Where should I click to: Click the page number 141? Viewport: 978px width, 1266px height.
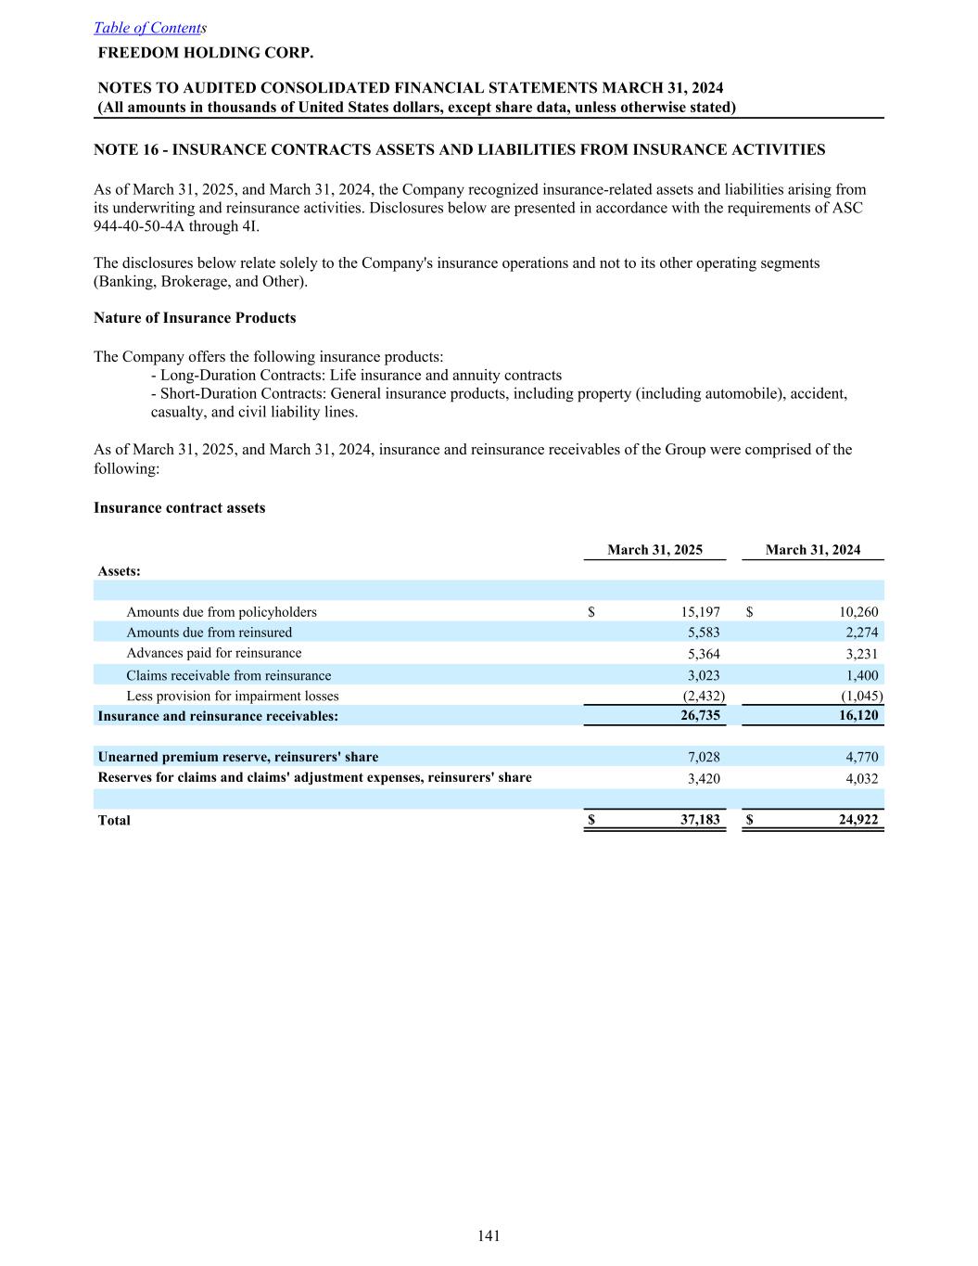coord(489,1235)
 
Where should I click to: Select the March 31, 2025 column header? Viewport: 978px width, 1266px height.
coord(654,550)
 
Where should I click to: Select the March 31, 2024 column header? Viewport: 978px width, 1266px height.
coord(812,550)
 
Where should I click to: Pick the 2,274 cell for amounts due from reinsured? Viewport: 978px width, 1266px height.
coord(861,633)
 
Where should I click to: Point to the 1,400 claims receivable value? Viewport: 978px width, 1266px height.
coord(861,675)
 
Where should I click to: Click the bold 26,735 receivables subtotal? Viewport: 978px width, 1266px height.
coord(700,716)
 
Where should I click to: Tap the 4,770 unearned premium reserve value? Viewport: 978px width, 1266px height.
coord(861,757)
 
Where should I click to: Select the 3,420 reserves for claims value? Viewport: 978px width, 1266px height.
coord(703,779)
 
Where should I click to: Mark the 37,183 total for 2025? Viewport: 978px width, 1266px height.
coord(700,820)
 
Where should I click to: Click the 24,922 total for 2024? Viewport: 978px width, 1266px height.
coord(858,820)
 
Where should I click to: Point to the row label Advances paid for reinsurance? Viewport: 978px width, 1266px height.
coord(213,653)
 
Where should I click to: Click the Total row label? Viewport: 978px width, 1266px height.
coord(114,820)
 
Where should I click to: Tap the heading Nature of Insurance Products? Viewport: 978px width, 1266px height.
coord(195,318)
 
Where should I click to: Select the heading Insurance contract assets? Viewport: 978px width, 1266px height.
coord(179,508)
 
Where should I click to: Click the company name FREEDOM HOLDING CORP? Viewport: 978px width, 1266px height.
coord(206,52)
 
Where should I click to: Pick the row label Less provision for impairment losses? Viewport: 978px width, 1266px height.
coord(232,696)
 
